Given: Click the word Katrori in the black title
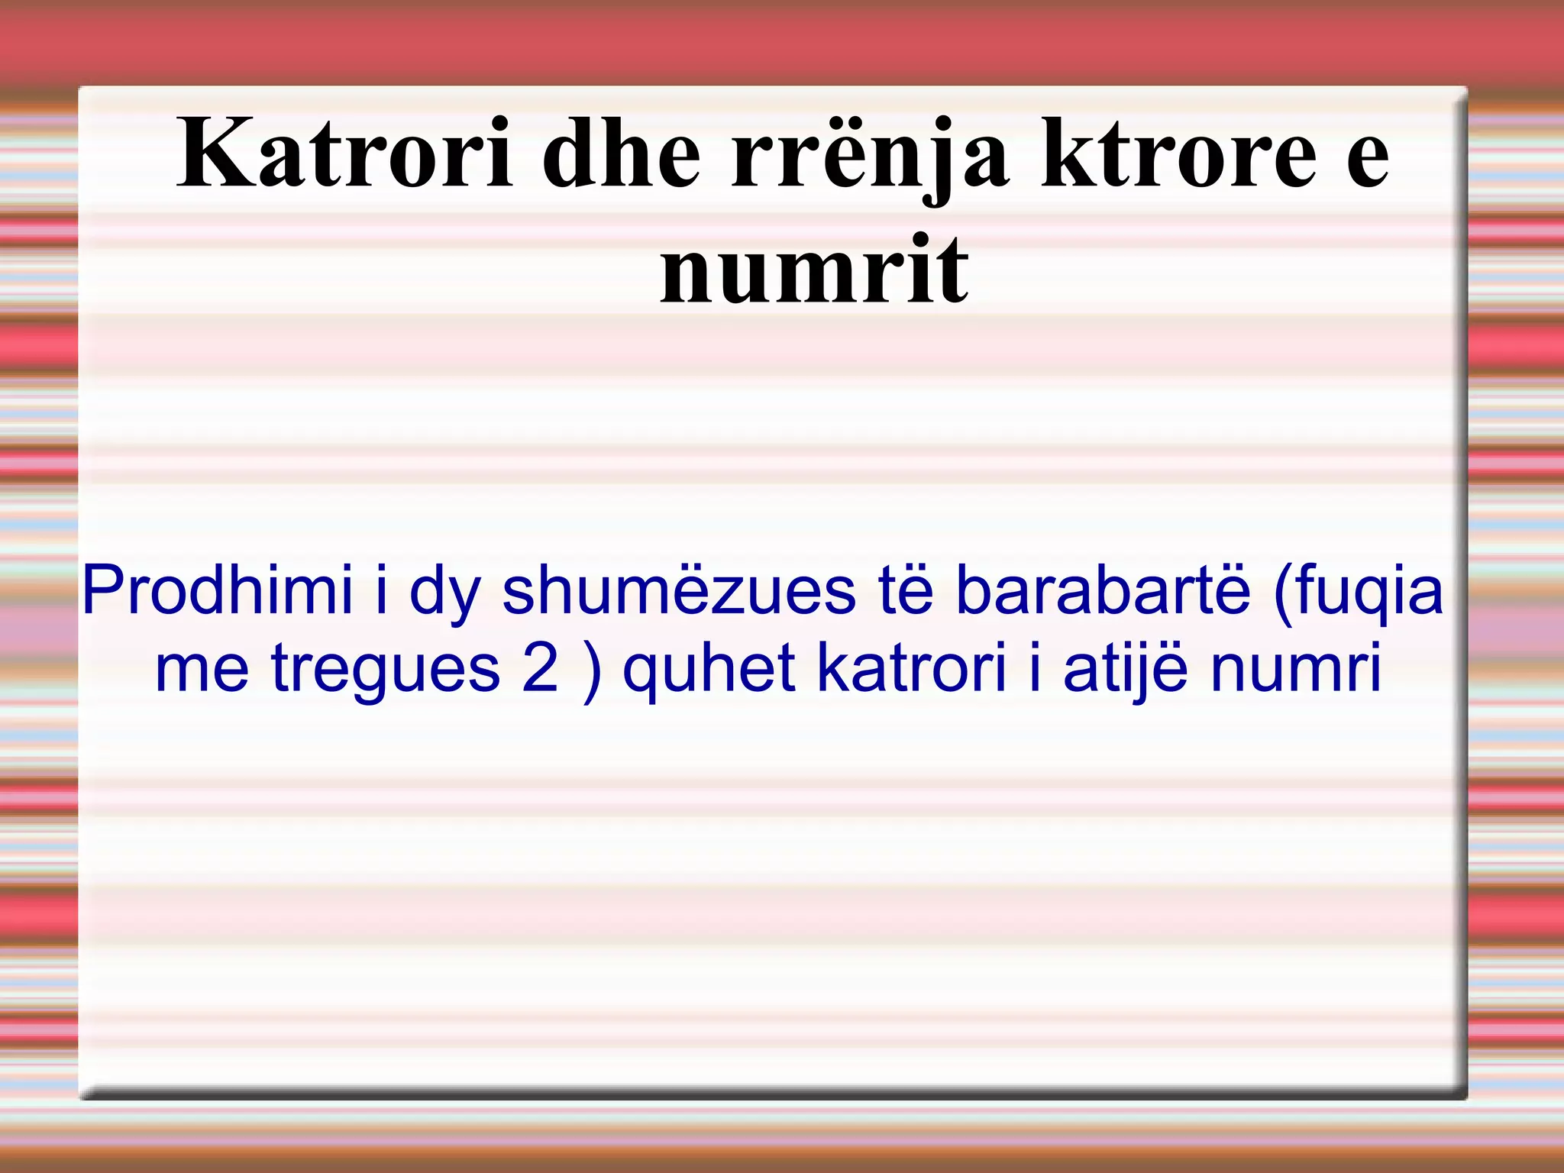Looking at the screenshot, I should coord(344,156).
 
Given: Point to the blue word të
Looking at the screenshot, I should coord(906,590).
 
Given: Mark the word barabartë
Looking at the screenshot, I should coord(1103,590).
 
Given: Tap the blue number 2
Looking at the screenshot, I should coord(541,667).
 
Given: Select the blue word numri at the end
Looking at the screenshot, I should coord(1296,667).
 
